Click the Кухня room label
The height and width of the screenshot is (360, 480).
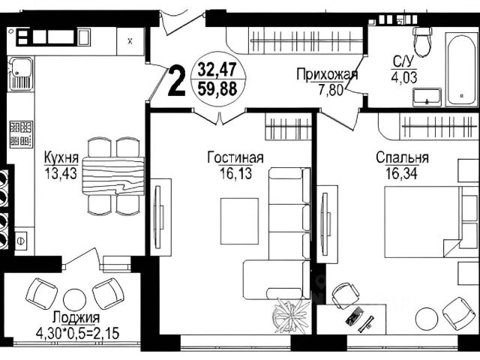click(61, 157)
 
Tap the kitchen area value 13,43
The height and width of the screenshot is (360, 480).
click(61, 173)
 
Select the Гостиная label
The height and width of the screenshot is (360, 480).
click(235, 157)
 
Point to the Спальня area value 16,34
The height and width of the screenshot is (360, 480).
click(401, 173)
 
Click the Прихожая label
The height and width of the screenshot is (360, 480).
click(327, 74)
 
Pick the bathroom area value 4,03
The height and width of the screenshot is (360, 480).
click(403, 77)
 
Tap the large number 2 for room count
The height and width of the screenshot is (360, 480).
click(177, 82)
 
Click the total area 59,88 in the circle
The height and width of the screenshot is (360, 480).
click(217, 89)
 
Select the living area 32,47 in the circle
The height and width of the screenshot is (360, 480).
click(217, 69)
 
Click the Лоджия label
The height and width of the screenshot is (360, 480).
click(76, 317)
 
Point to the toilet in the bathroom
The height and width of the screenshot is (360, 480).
click(422, 41)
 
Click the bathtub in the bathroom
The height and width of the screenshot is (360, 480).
click(461, 70)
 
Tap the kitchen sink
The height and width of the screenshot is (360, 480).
click(21, 73)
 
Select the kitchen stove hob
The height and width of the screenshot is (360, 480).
click(21, 134)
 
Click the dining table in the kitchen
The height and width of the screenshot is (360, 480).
click(113, 176)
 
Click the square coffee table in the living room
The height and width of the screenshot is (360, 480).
click(239, 221)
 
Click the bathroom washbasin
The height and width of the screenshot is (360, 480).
click(427, 97)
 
